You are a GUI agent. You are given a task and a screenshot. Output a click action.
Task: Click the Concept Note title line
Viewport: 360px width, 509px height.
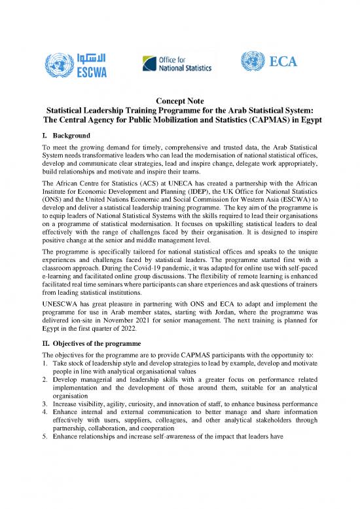[179, 100]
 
